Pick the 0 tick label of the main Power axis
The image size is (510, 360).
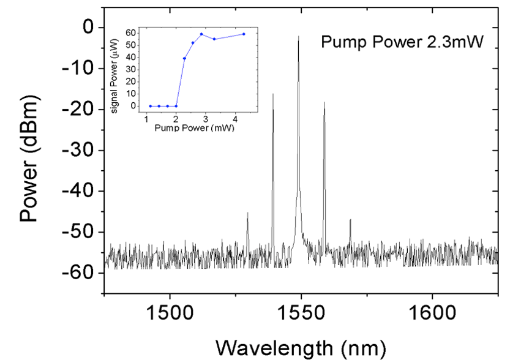[88, 28]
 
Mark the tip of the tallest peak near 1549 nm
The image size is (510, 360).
[299, 37]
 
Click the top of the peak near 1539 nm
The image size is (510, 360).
[273, 94]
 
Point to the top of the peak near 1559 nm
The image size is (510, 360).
[324, 103]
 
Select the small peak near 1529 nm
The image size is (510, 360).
[247, 213]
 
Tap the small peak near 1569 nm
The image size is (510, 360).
[350, 220]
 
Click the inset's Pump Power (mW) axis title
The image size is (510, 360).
[193, 129]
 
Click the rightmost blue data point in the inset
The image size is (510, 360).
[244, 34]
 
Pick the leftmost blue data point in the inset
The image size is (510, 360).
[150, 106]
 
